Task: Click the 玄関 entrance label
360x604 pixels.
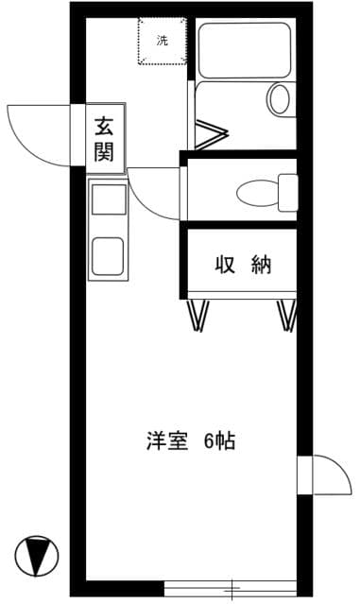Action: (x=104, y=138)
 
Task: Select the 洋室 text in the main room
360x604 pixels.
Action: (x=166, y=440)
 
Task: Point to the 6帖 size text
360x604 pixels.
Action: (x=218, y=440)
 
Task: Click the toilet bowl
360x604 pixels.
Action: (x=255, y=193)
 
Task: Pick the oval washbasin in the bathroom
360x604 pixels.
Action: (x=280, y=98)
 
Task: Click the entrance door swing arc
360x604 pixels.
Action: (x=36, y=132)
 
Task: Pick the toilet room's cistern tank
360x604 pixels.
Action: (x=287, y=192)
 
